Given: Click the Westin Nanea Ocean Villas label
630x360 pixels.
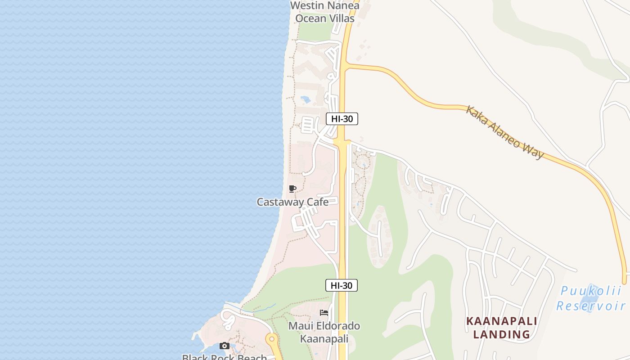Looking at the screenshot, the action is pyautogui.click(x=324, y=12).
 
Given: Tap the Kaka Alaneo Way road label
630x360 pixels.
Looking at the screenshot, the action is pyautogui.click(x=504, y=132).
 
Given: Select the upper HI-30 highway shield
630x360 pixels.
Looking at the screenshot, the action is pyautogui.click(x=342, y=119).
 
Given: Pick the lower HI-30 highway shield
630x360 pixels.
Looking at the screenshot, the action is pyautogui.click(x=342, y=285).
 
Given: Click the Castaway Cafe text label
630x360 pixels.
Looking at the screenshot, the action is pyautogui.click(x=292, y=202).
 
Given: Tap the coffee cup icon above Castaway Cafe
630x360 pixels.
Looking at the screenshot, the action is pyautogui.click(x=292, y=189).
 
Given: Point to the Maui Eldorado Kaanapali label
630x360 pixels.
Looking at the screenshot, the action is pyautogui.click(x=324, y=332).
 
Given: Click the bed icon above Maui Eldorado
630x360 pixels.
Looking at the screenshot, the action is pyautogui.click(x=324, y=313).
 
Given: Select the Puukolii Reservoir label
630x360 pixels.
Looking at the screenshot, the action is pyautogui.click(x=590, y=299).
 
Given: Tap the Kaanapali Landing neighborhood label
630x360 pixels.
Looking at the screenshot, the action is pyautogui.click(x=502, y=328).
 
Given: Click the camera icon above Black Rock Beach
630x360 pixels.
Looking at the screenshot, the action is pyautogui.click(x=224, y=346).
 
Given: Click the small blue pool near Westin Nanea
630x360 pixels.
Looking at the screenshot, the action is pyautogui.click(x=305, y=99).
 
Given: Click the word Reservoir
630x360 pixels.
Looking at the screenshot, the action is pyautogui.click(x=590, y=306).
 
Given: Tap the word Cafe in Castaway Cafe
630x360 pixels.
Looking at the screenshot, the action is pyautogui.click(x=317, y=202).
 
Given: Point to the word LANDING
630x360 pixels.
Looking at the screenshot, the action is pyautogui.click(x=502, y=335).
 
